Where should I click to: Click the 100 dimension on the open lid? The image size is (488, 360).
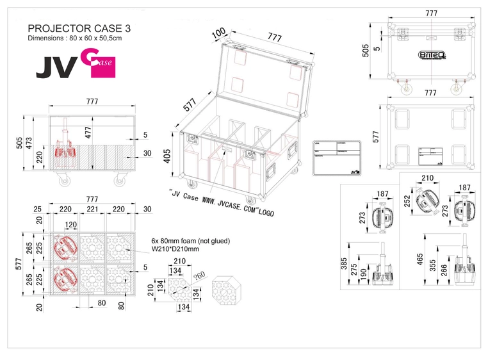(x=219, y=33)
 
